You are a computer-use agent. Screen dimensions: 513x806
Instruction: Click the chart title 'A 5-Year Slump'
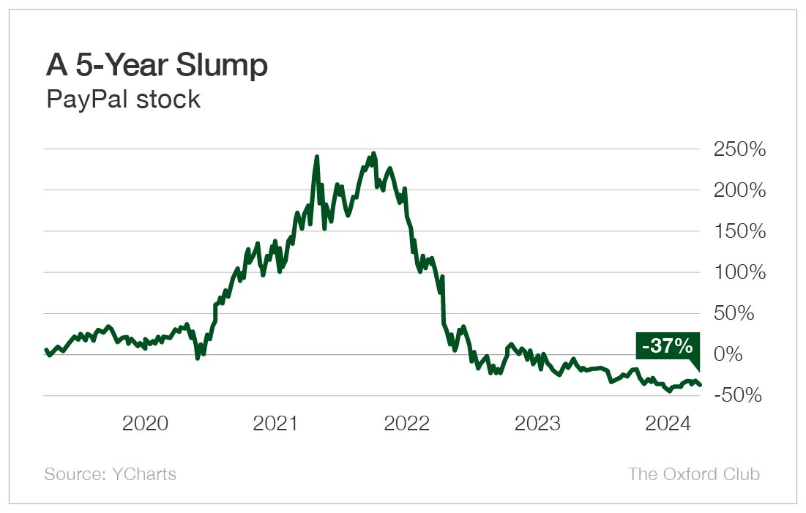[157, 66]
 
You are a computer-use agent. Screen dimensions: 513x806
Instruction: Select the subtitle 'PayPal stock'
[123, 99]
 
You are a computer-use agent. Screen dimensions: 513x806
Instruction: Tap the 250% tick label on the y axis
[739, 150]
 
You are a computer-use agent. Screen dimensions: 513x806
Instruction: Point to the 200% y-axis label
[739, 191]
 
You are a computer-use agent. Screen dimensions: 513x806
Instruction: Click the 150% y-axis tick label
[739, 232]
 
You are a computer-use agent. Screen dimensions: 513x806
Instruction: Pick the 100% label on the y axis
[739, 273]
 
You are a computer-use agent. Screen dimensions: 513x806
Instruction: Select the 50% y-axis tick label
[745, 314]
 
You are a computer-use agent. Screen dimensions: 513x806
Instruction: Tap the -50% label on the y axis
[741, 396]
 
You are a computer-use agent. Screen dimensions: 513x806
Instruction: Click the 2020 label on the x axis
[145, 424]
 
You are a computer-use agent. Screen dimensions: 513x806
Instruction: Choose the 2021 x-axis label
[276, 424]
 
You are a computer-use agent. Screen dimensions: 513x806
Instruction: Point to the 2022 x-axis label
[407, 424]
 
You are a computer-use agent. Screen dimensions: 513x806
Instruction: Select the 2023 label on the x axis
[538, 424]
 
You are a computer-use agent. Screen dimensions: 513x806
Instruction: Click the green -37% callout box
[667, 346]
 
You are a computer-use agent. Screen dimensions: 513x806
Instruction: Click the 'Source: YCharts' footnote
[111, 474]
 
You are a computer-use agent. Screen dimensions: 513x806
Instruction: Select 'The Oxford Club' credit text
[693, 474]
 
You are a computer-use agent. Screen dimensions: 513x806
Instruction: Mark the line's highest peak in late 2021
[373, 154]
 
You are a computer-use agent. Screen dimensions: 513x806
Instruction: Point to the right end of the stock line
[701, 385]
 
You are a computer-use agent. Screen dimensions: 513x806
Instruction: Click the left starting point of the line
[45, 350]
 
